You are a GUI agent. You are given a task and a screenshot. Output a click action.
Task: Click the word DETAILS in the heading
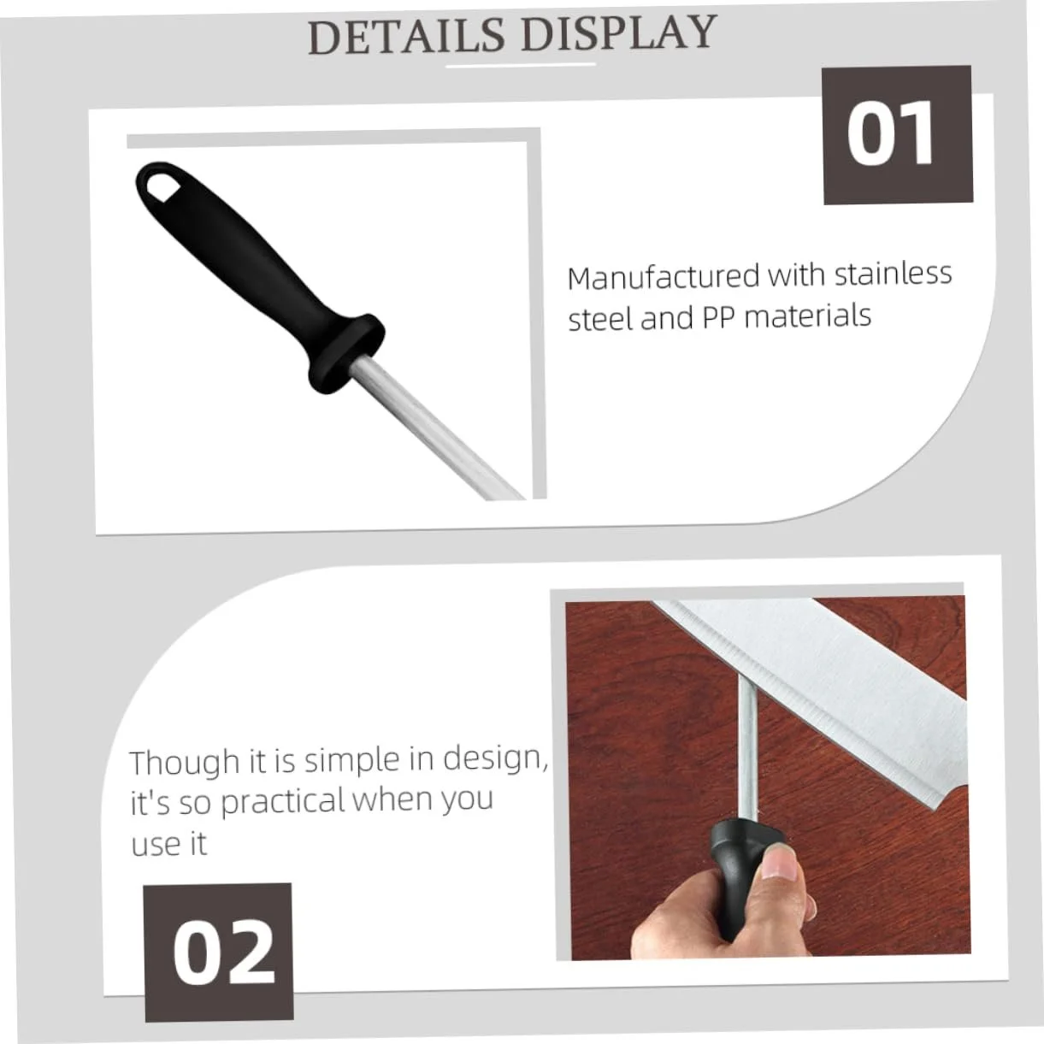coord(407,36)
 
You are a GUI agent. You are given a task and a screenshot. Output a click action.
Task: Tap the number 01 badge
coord(897,135)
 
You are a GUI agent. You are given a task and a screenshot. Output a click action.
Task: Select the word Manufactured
coord(664,277)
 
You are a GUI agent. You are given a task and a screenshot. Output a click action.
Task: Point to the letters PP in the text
coord(718,317)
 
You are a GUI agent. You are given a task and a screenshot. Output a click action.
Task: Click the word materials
coord(807,316)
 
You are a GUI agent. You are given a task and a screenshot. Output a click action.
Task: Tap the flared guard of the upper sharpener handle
coord(347,354)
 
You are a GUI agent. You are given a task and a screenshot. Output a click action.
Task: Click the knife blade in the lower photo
coord(823,688)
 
